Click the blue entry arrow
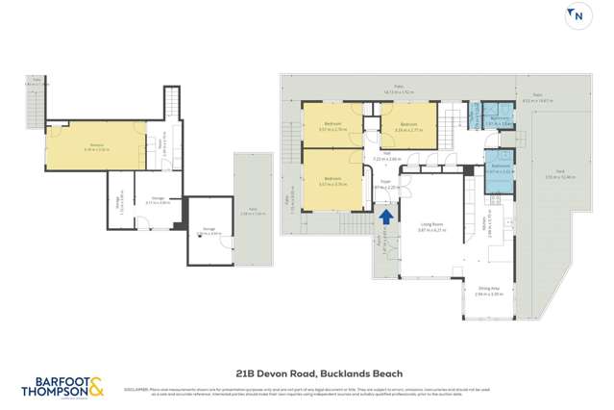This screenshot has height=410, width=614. (385, 219)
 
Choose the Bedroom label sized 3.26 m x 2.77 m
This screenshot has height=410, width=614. (408, 125)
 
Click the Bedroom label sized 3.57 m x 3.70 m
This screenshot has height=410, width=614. (332, 179)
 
